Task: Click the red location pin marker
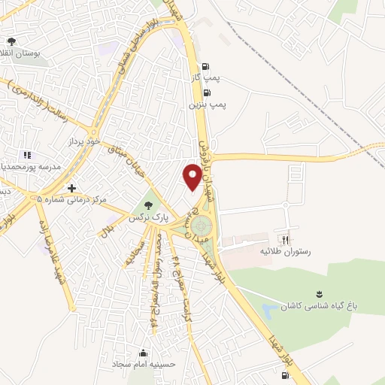click(192, 176)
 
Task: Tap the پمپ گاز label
click(205, 77)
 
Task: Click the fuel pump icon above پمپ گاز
click(205, 65)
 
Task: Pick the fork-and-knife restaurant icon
click(284, 234)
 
